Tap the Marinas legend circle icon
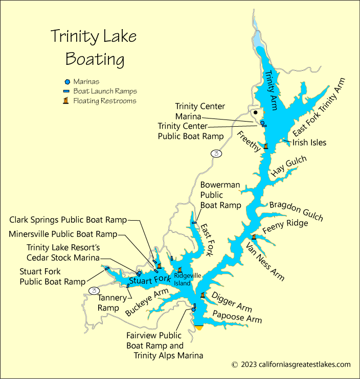tap(67, 81)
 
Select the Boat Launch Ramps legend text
tap(105, 91)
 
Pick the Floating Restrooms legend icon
tap(66, 101)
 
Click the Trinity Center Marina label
tap(200, 111)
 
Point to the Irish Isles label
tap(309, 143)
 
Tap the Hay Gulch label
tap(288, 167)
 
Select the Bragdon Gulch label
tap(296, 210)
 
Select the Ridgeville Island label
tap(183, 279)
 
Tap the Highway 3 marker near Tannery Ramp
tap(94, 290)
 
